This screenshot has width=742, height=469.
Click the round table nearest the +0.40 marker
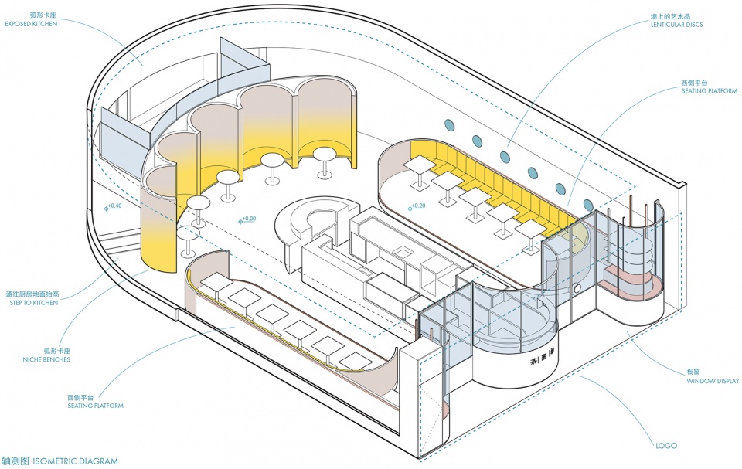(199, 203)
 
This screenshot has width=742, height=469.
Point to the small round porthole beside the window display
(579, 289)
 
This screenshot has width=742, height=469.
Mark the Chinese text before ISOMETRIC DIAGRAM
(15, 461)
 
